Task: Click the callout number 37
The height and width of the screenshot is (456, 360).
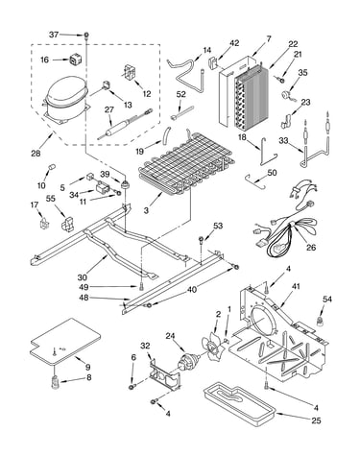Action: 54,35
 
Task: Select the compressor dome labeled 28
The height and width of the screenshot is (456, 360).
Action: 65,98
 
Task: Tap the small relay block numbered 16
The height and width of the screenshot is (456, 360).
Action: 75,60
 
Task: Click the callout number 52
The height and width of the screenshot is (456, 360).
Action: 180,94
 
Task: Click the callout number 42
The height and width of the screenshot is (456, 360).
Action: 234,43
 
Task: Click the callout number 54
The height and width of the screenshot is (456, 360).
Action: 327,300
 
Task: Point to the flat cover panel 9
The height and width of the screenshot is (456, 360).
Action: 65,342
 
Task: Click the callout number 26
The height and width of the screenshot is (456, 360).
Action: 311,247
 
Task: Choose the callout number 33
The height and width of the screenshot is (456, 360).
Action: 283,140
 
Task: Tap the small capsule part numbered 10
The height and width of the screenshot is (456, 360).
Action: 51,167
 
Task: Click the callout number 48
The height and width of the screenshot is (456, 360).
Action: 84,298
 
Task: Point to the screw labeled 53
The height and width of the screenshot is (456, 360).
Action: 202,241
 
